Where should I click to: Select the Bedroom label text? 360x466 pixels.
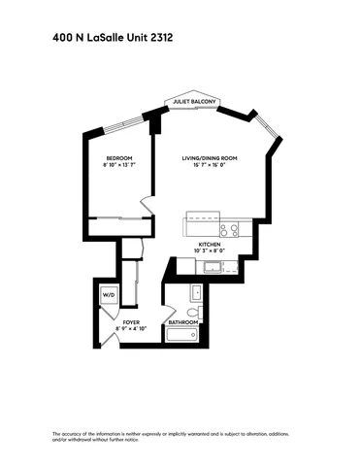click(118, 157)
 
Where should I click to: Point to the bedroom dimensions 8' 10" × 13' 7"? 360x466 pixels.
click(118, 165)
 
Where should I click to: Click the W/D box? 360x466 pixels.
click(109, 295)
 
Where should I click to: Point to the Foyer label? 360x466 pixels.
click(131, 321)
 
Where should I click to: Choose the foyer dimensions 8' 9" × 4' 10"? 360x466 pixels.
click(131, 329)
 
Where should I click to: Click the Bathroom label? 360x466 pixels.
click(183, 321)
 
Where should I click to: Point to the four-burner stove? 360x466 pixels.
click(229, 230)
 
